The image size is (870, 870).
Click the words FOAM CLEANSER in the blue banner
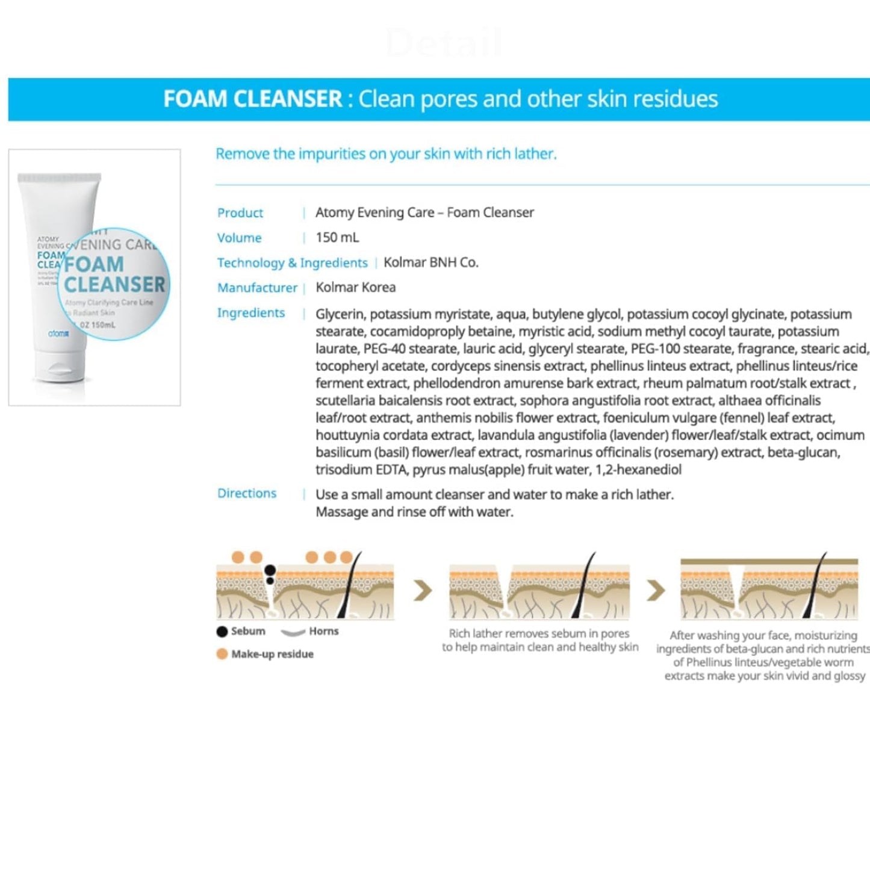point(253,99)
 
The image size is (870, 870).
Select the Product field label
point(240,213)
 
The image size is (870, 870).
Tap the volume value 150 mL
point(337,237)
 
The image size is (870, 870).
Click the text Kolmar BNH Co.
point(430,263)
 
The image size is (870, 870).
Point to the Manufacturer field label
point(257,288)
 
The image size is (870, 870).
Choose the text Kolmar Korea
point(355,287)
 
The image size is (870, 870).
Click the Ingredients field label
point(251,312)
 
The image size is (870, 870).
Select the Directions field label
point(247,493)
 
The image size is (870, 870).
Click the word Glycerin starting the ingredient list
point(340,314)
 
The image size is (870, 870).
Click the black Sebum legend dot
point(222,631)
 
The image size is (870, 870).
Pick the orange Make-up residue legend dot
point(222,654)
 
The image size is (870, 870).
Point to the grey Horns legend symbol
point(293,632)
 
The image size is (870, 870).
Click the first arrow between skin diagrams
point(423,591)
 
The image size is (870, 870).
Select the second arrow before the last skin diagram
point(655,591)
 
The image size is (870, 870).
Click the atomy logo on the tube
point(58,333)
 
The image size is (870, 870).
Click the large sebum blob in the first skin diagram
point(270,570)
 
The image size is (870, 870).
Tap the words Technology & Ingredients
point(292,263)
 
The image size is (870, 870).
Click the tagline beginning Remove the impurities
point(386,154)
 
